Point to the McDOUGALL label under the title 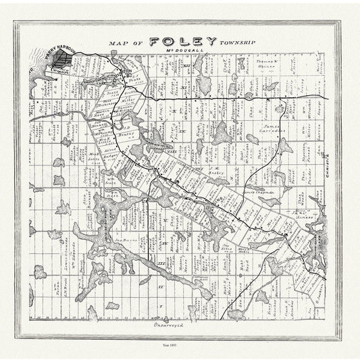(x=181, y=51)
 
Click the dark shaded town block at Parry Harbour (x=62, y=61)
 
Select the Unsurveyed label (x=161, y=327)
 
